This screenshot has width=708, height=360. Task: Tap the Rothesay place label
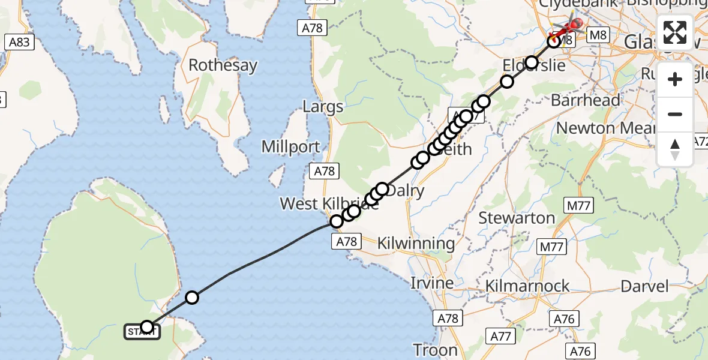(x=223, y=65)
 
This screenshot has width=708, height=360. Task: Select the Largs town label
(x=323, y=107)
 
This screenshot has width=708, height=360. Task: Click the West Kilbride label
(x=329, y=203)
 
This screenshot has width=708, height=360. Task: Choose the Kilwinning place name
(x=416, y=244)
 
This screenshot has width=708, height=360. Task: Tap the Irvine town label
(x=431, y=283)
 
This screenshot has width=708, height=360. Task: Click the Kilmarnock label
(x=527, y=286)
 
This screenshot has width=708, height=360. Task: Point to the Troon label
(x=435, y=350)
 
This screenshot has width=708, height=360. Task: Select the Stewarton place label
(x=517, y=218)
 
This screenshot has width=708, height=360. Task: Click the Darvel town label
(x=644, y=286)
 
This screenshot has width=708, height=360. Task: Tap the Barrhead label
(x=585, y=100)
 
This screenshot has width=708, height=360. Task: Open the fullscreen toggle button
(x=675, y=32)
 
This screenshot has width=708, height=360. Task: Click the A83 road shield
(x=19, y=42)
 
